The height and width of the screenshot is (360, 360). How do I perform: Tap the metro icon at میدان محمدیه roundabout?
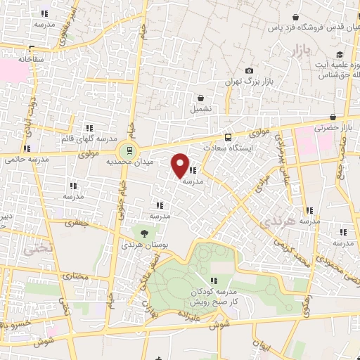(127, 149)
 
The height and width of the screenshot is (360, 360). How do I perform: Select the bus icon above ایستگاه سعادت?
(228, 139)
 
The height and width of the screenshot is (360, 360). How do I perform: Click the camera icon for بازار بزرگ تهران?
(249, 71)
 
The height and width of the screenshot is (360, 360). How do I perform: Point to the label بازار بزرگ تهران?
(248, 82)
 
